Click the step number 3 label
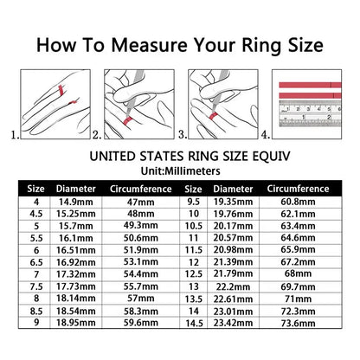click(x=183, y=135)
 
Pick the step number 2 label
click(x=97, y=135)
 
